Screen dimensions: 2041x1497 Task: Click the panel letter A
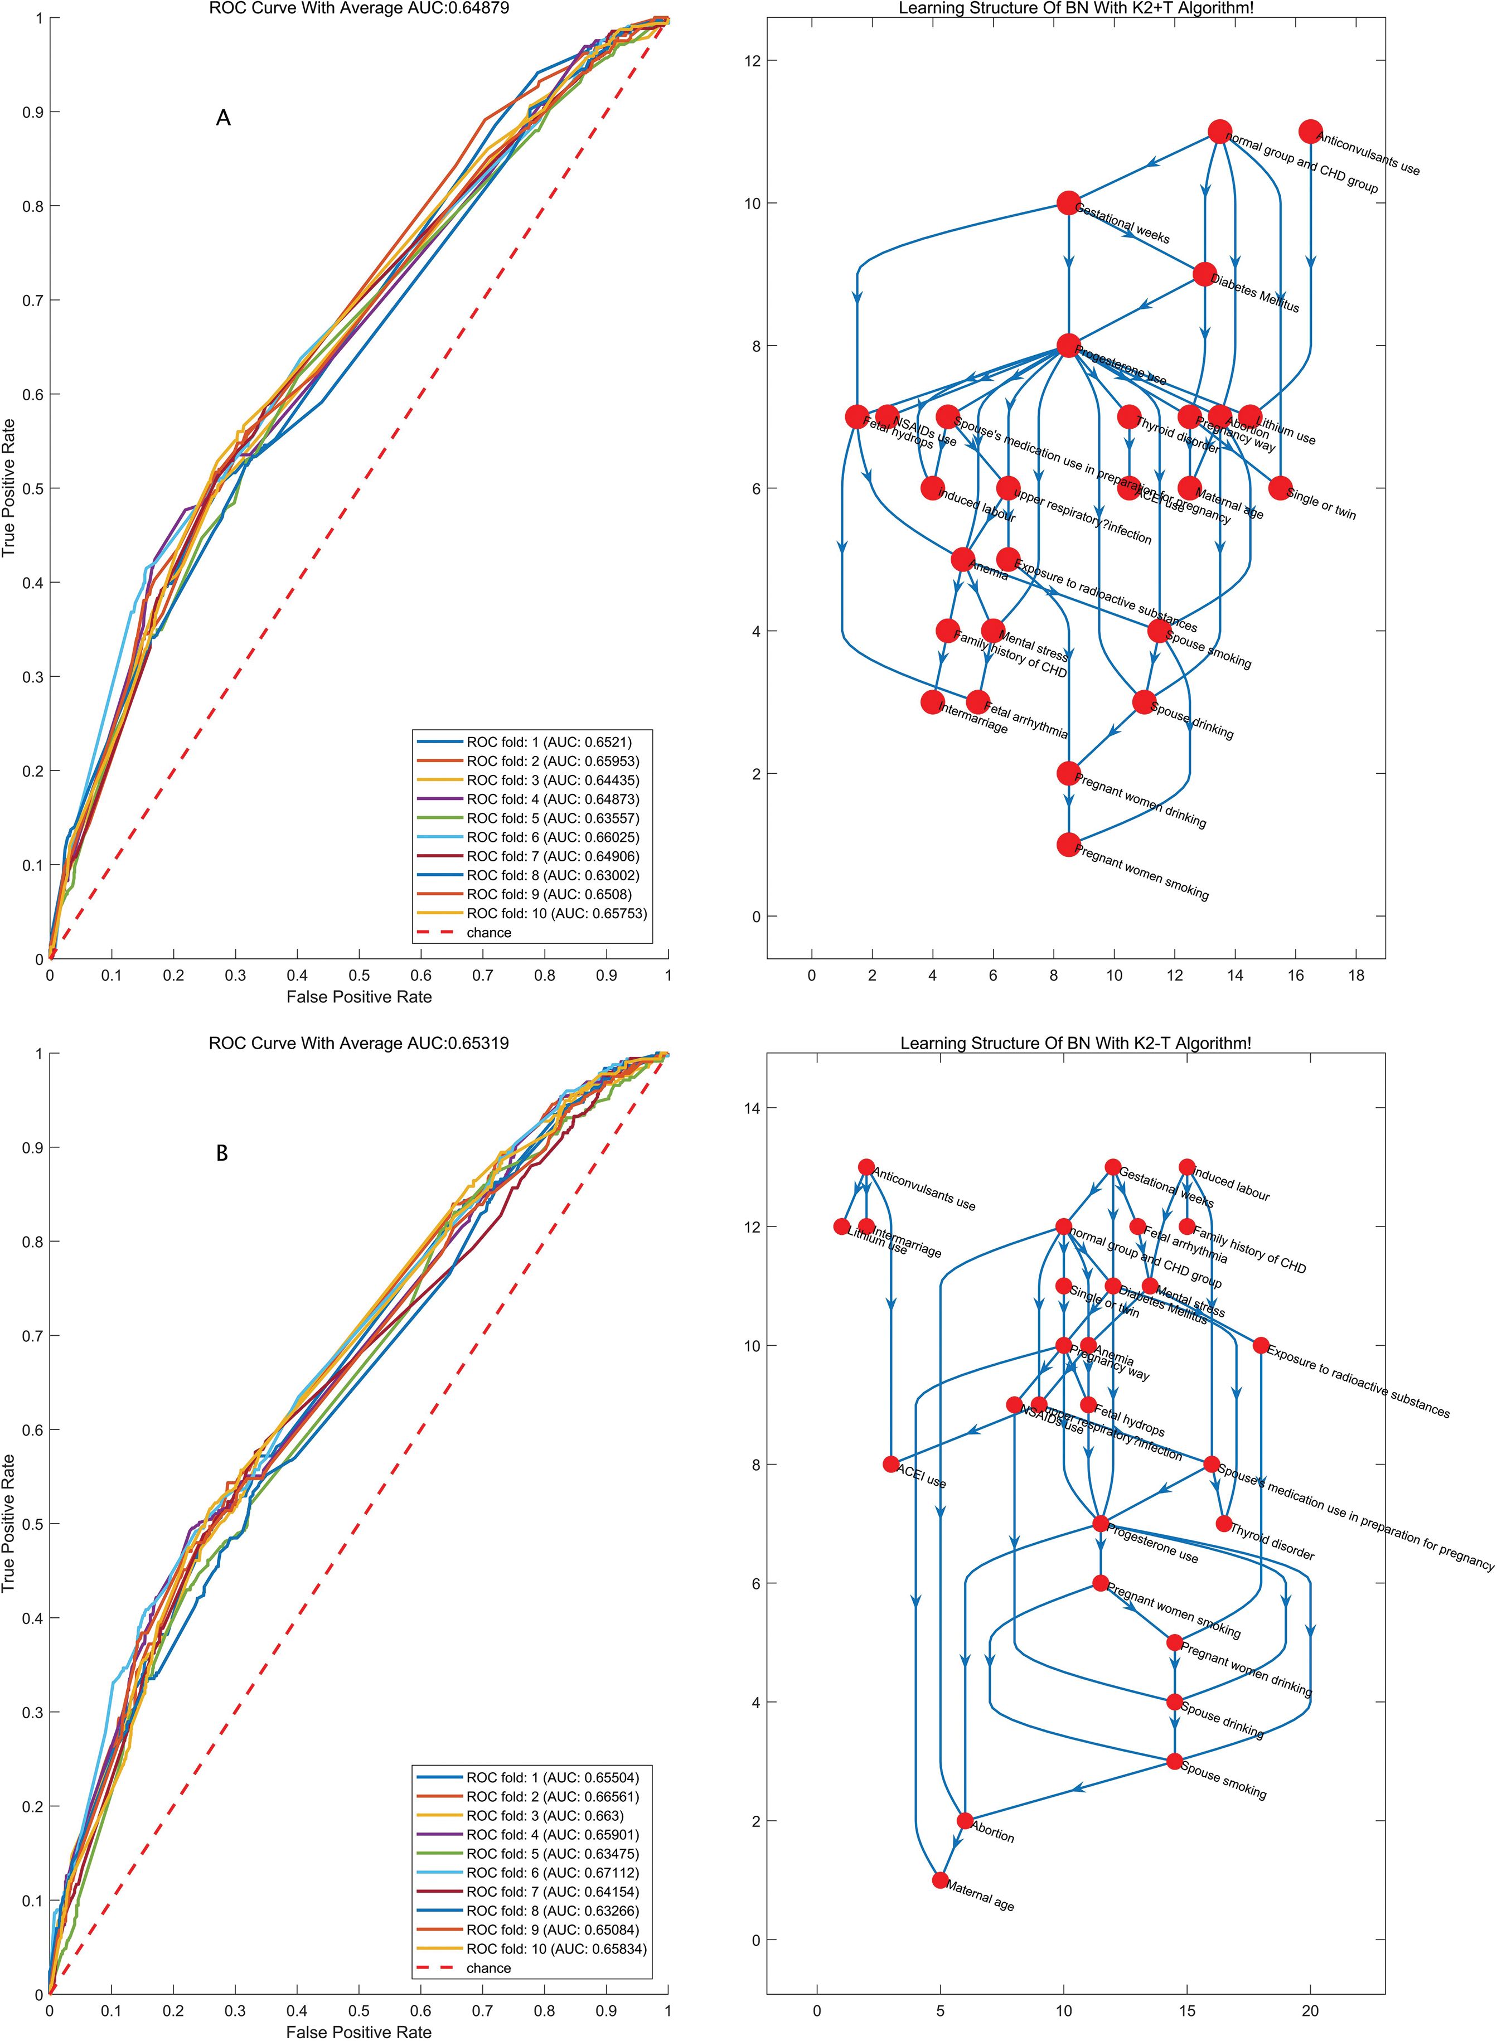coord(223,118)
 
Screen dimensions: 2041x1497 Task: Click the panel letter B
coord(222,1153)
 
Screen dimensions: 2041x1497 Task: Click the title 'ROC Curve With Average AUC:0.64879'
coord(360,8)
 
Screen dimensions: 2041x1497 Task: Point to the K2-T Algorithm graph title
coord(1075,1043)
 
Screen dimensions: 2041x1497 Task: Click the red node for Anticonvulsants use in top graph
coord(1310,132)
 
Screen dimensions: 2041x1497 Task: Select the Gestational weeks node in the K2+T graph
coord(1068,203)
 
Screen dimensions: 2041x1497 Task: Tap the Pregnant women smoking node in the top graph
coord(1068,844)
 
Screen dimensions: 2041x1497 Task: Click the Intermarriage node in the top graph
coord(932,702)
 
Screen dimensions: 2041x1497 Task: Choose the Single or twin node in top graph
coord(1280,488)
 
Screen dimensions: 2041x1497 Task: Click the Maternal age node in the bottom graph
coord(941,1880)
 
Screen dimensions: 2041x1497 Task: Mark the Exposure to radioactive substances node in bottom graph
coord(1261,1345)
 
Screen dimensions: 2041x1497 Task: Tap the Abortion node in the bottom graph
coord(965,1821)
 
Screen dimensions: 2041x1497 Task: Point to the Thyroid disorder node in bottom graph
coord(1223,1524)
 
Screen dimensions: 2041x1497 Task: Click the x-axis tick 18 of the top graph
coord(1355,976)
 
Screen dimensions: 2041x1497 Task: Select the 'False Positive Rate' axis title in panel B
coord(359,2033)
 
